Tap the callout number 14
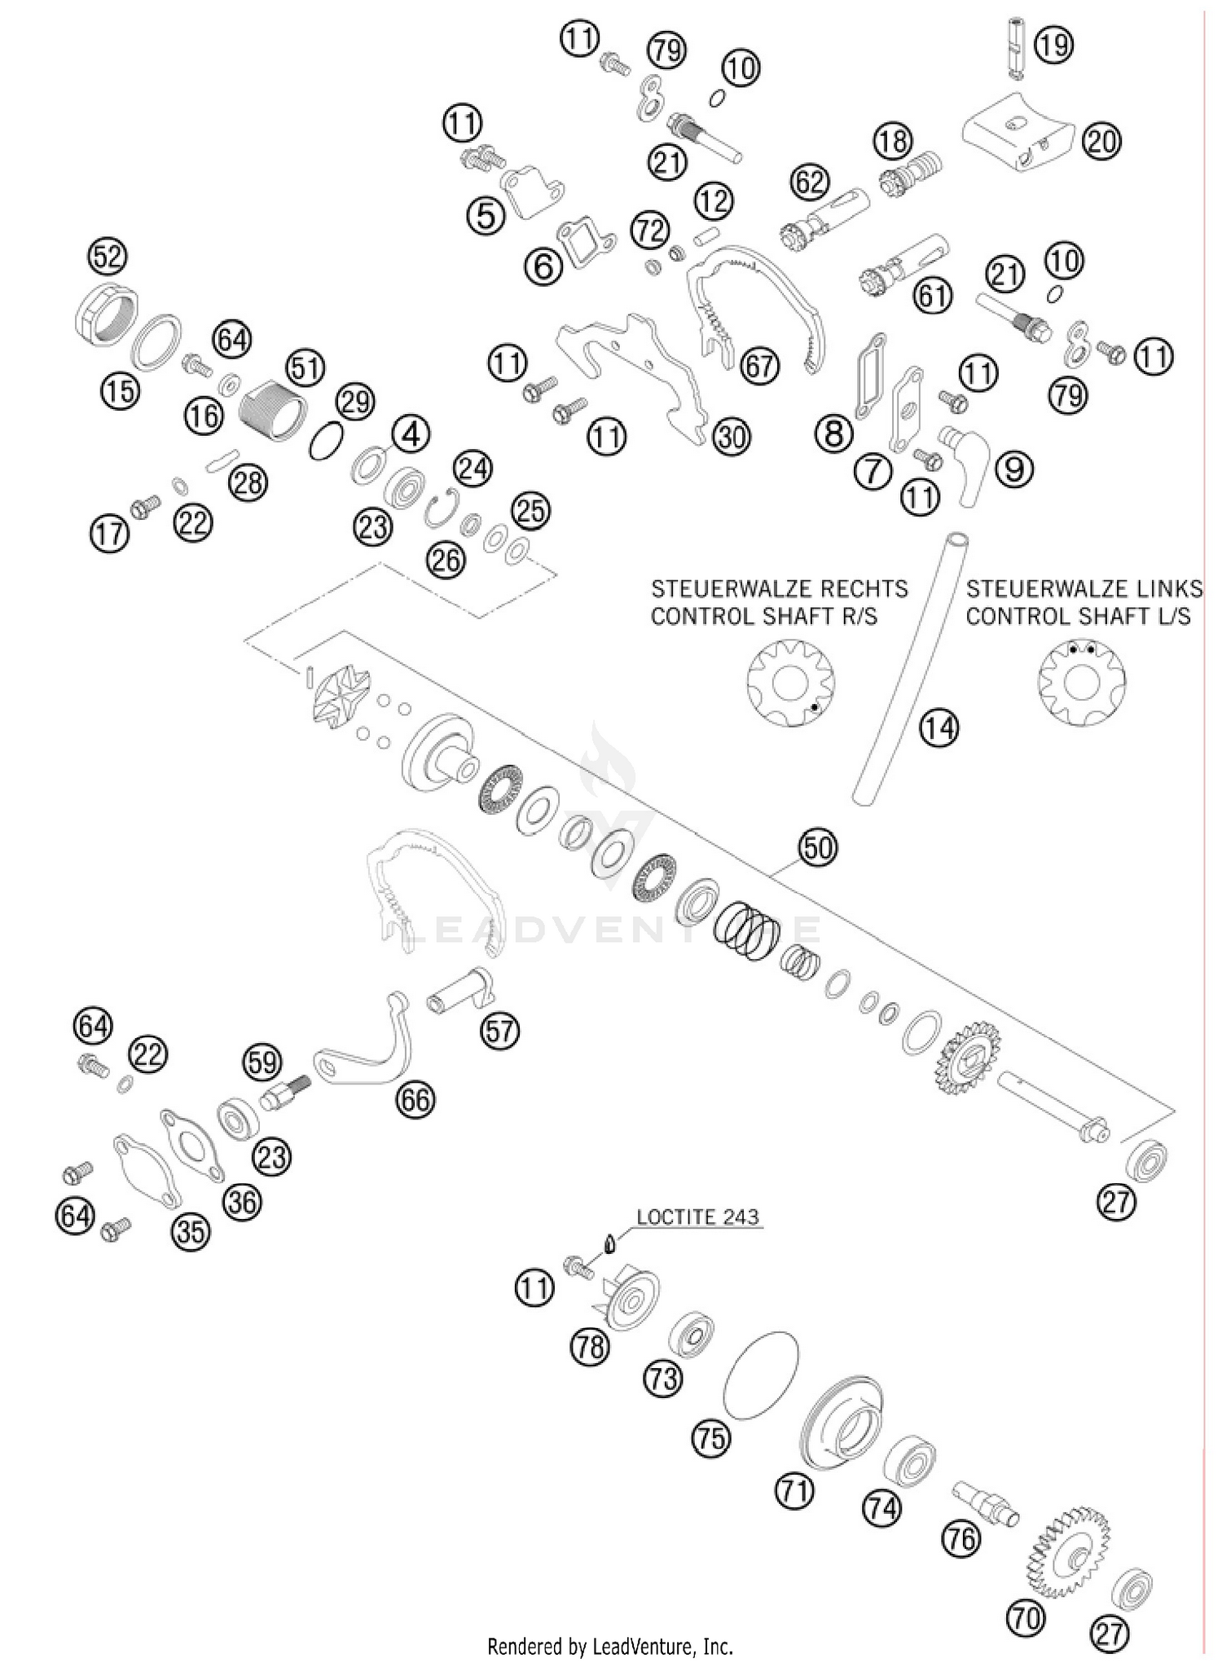pyautogui.click(x=939, y=728)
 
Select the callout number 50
pyautogui.click(x=818, y=848)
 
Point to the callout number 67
pyautogui.click(x=759, y=366)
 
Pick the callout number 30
pyautogui.click(x=731, y=438)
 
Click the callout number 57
pyautogui.click(x=499, y=1032)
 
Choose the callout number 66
pyautogui.click(x=415, y=1100)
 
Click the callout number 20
pyautogui.click(x=1101, y=142)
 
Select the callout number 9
pyautogui.click(x=1014, y=469)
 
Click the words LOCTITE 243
pyautogui.click(x=697, y=1217)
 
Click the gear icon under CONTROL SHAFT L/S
pyautogui.click(x=1081, y=682)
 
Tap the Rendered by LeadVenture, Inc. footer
pyautogui.click(x=610, y=1647)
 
